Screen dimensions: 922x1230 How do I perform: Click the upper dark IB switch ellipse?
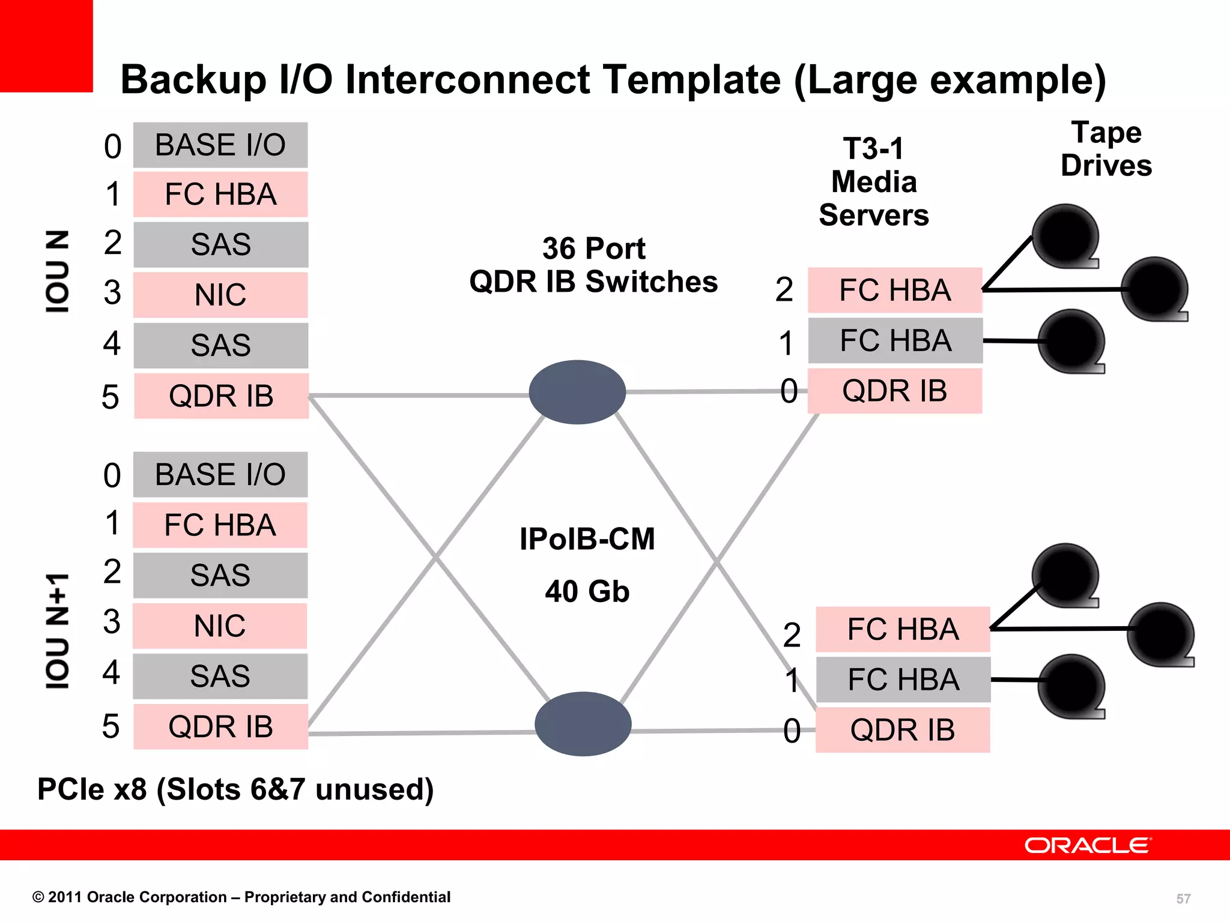pyautogui.click(x=577, y=392)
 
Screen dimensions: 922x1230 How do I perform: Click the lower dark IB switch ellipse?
pyautogui.click(x=583, y=724)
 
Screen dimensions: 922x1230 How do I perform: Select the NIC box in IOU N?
pyautogui.click(x=220, y=295)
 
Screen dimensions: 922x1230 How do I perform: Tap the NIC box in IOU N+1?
pyautogui.click(x=220, y=626)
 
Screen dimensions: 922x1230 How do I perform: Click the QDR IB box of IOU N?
pyautogui.click(x=221, y=396)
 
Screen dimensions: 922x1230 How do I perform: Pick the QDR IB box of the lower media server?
pyautogui.click(x=902, y=730)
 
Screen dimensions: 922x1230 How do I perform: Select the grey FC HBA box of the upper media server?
pyautogui.click(x=895, y=341)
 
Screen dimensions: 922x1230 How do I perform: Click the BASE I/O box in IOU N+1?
pyautogui.click(x=220, y=475)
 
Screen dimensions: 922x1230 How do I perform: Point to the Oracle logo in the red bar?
pyautogui.click(x=1088, y=845)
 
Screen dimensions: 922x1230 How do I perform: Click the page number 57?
pyautogui.click(x=1183, y=899)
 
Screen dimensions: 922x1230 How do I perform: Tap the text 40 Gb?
pyautogui.click(x=587, y=591)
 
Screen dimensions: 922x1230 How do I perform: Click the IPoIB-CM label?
pyautogui.click(x=587, y=539)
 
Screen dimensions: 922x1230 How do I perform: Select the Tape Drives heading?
pyautogui.click(x=1106, y=149)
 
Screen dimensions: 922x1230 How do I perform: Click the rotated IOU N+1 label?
pyautogui.click(x=58, y=630)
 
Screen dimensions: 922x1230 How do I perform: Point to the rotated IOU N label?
pyautogui.click(x=58, y=271)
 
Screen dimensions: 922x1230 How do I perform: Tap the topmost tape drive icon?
pyautogui.click(x=1065, y=236)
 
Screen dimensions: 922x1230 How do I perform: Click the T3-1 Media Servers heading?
pyautogui.click(x=873, y=182)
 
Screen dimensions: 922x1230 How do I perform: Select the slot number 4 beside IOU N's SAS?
pyautogui.click(x=112, y=344)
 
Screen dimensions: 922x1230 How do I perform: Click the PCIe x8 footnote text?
pyautogui.click(x=235, y=789)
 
